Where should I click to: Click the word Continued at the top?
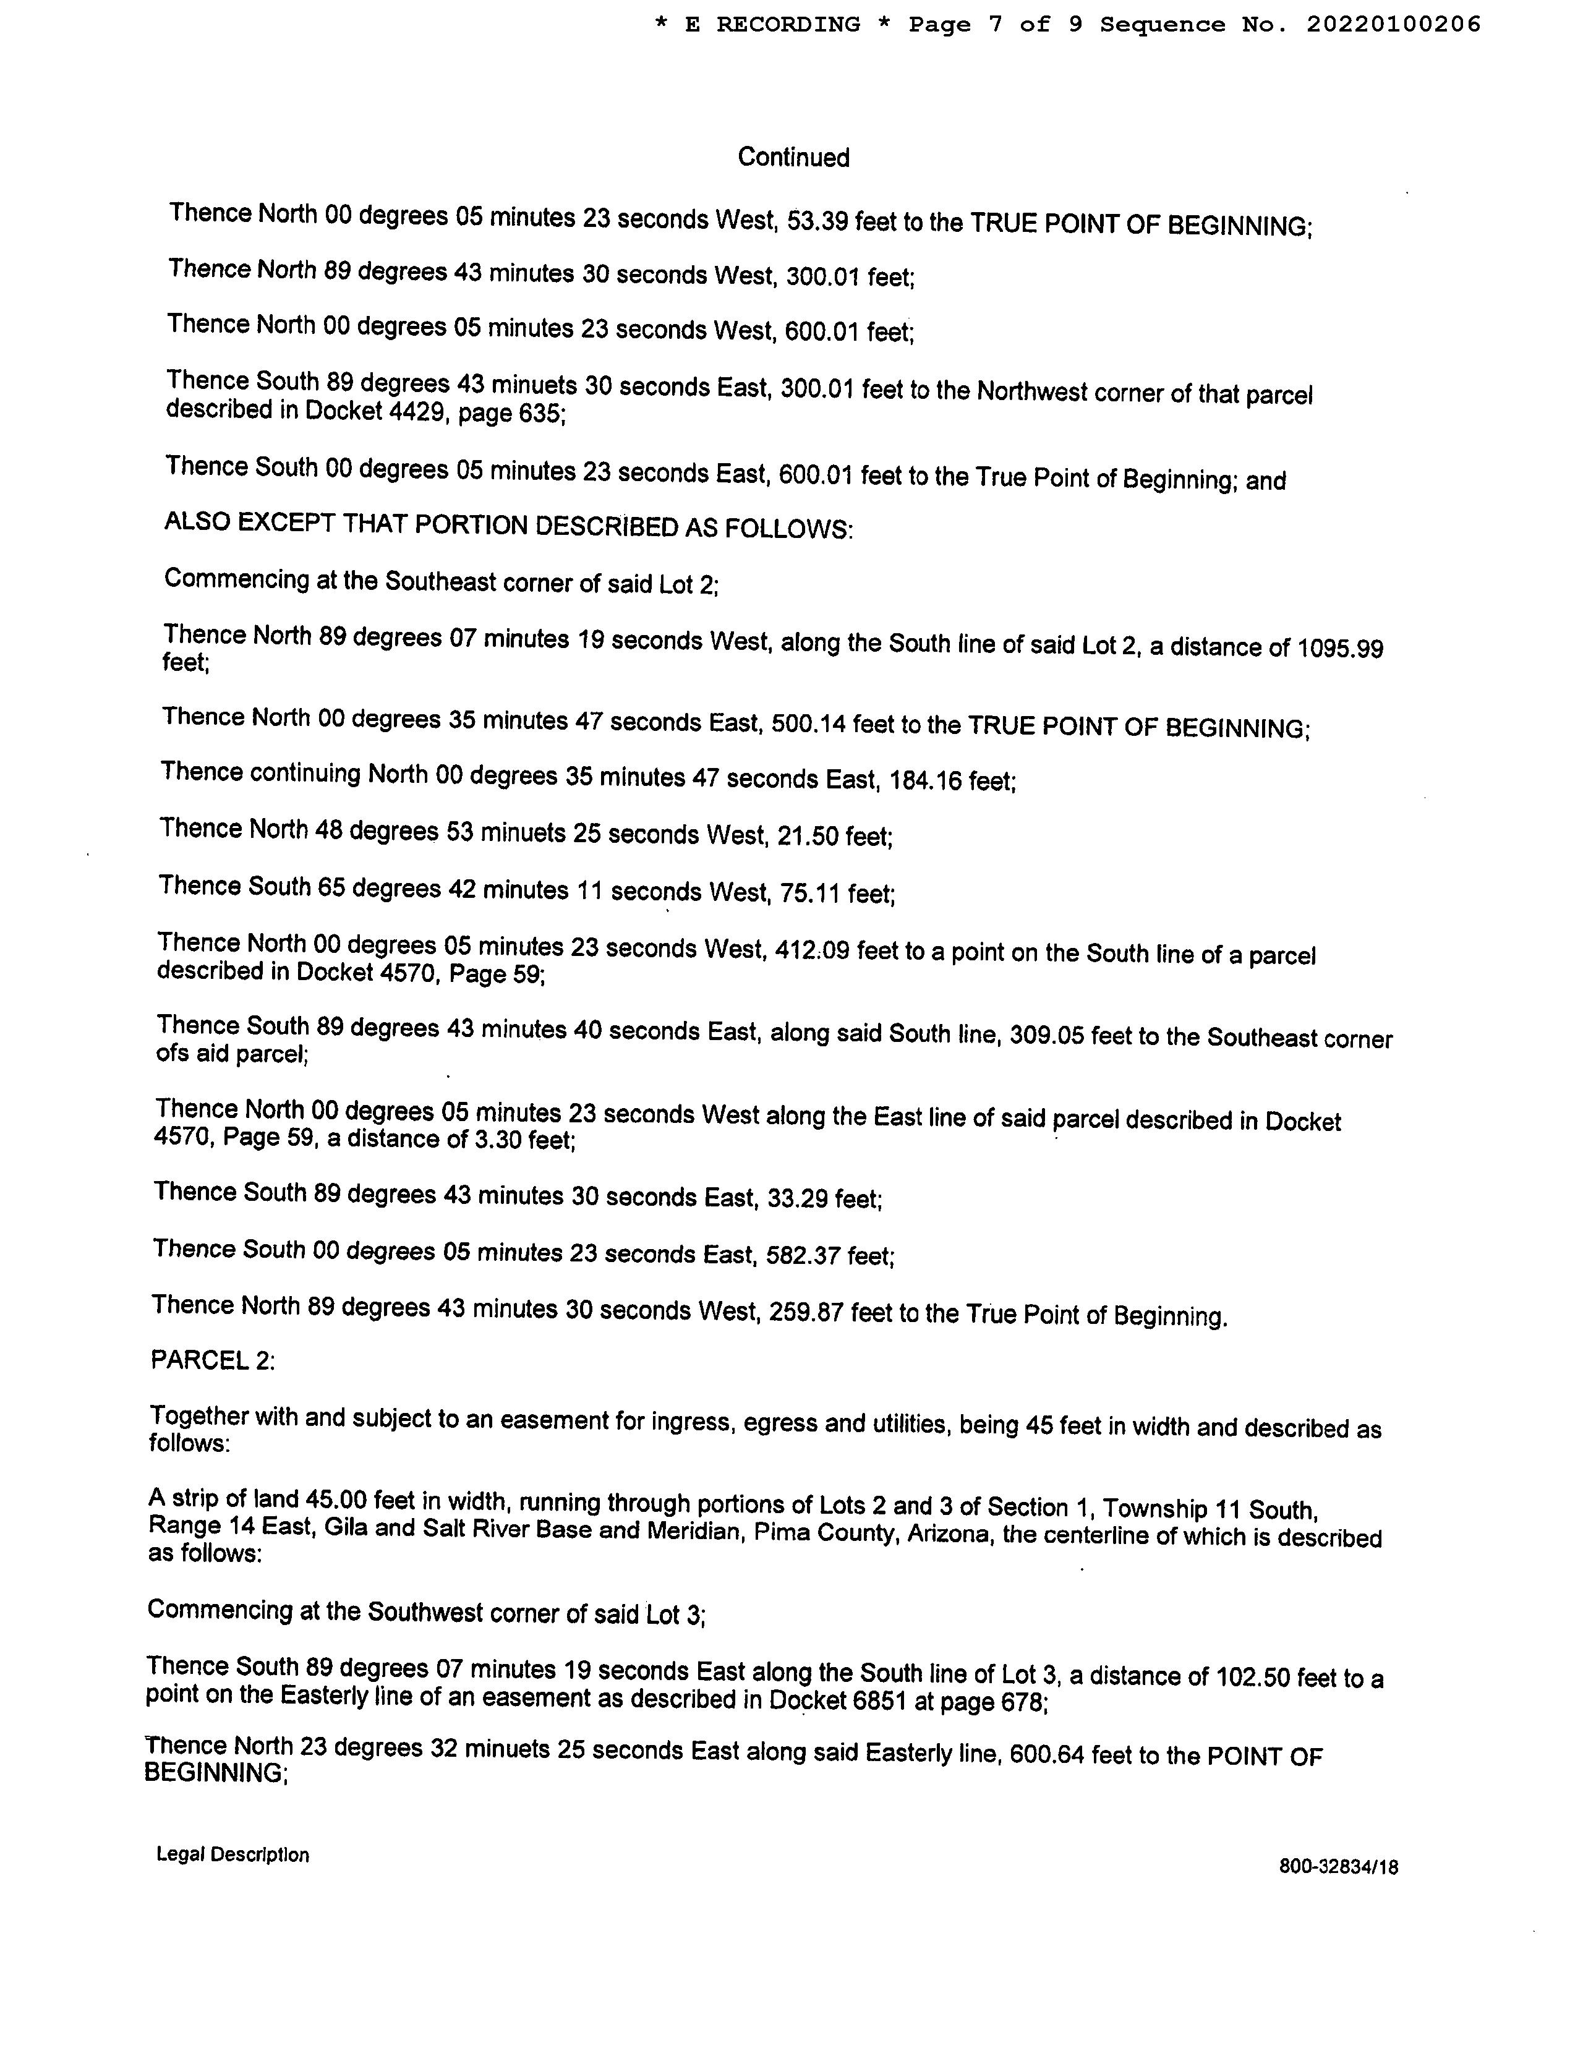(793, 158)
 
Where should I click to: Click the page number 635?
(541, 414)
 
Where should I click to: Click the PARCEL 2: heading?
(213, 1360)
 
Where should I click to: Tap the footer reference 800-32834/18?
(1338, 1867)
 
